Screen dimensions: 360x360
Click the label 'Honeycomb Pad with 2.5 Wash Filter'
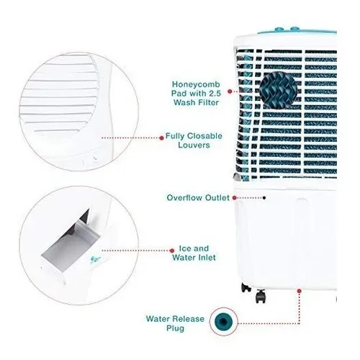point(196,94)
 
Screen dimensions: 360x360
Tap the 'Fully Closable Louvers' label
point(194,140)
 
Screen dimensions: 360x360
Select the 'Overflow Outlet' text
point(198,198)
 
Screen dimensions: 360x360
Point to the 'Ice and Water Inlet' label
point(194,253)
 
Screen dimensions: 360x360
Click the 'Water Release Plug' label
point(175,323)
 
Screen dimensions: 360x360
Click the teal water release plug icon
point(223,321)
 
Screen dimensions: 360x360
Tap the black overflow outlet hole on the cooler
point(264,198)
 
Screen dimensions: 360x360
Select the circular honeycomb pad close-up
point(279,91)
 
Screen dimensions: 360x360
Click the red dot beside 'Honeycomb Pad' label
point(230,91)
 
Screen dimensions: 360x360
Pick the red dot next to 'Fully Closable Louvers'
point(161,138)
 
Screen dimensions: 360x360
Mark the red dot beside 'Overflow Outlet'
point(235,198)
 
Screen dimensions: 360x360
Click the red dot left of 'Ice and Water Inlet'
point(172,251)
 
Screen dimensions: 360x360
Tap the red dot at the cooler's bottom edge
point(299,291)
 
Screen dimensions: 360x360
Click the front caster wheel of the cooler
point(261,296)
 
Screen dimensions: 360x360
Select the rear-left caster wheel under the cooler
point(246,287)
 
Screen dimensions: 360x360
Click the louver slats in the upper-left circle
point(60,94)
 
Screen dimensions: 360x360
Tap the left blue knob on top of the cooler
point(279,30)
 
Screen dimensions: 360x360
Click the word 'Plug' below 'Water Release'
point(175,328)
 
